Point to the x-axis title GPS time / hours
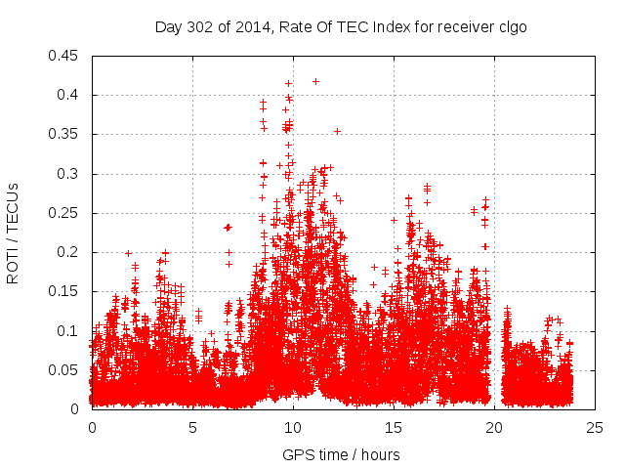click(341, 454)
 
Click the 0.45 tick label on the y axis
click(64, 56)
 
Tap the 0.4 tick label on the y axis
click(68, 95)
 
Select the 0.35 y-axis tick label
click(64, 134)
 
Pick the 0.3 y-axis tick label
click(68, 174)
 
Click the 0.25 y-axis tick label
click(64, 213)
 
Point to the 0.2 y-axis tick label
click(68, 252)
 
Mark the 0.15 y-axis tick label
click(64, 291)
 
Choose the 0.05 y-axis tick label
click(64, 370)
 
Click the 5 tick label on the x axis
click(192, 427)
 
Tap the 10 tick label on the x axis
click(293, 427)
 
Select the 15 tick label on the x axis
click(394, 427)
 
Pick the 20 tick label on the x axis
click(494, 427)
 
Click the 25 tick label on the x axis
click(595, 427)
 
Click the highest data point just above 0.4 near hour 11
click(315, 81)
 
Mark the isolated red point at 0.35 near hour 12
click(337, 131)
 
